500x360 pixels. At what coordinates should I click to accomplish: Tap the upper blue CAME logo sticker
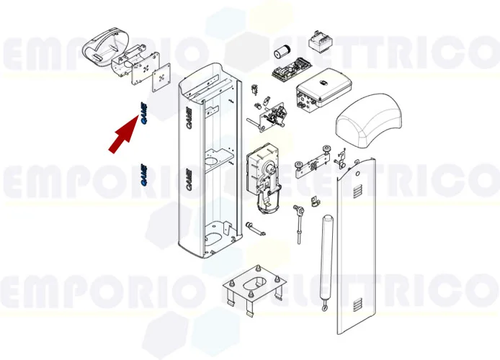point(143,114)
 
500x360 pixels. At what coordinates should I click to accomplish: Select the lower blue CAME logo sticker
point(143,175)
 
